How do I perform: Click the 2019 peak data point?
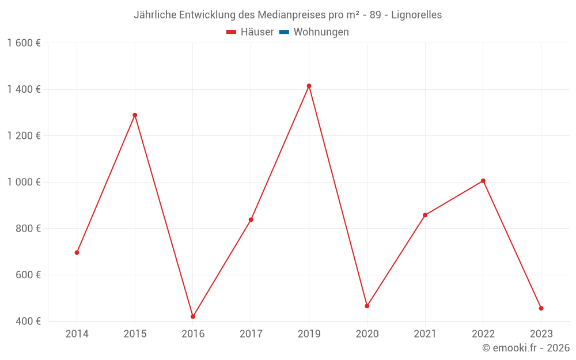[x=309, y=86]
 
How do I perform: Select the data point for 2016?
[x=193, y=317]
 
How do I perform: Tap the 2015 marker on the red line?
[x=135, y=115]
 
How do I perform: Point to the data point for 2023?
[x=541, y=308]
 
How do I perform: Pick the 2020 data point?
[x=367, y=306]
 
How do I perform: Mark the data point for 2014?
[x=77, y=252]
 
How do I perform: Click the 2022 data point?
[x=483, y=181]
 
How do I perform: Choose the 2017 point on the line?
[x=251, y=219]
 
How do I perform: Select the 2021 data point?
[x=425, y=215]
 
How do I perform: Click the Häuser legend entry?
[x=251, y=32]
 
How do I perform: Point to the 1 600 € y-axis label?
[x=24, y=43]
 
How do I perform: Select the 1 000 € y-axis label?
[x=24, y=182]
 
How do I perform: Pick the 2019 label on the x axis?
[x=309, y=334]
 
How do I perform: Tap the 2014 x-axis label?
[x=77, y=334]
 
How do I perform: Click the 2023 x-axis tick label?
[x=541, y=334]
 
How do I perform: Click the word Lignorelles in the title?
[x=416, y=15]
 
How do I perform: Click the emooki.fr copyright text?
[x=526, y=348]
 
